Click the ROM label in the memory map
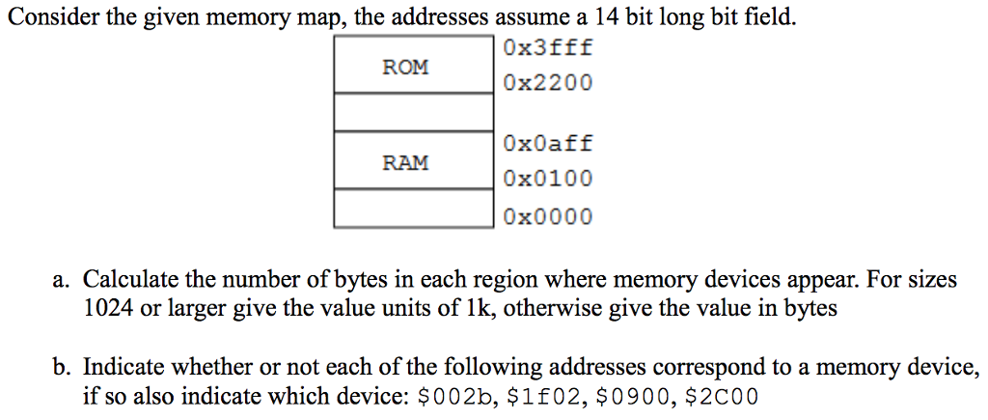pyautogui.click(x=405, y=68)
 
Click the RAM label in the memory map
pyautogui.click(x=405, y=162)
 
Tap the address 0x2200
pyautogui.click(x=547, y=84)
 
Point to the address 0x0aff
pyautogui.click(x=547, y=144)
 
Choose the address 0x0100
pyautogui.click(x=547, y=180)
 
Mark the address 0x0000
pyautogui.click(x=547, y=217)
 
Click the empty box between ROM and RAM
pyautogui.click(x=413, y=113)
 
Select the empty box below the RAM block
pyautogui.click(x=413, y=208)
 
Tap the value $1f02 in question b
pyautogui.click(x=530, y=396)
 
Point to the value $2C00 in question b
pyautogui.click(x=721, y=396)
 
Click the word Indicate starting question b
pyautogui.click(x=120, y=368)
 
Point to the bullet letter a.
pyautogui.click(x=60, y=281)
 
